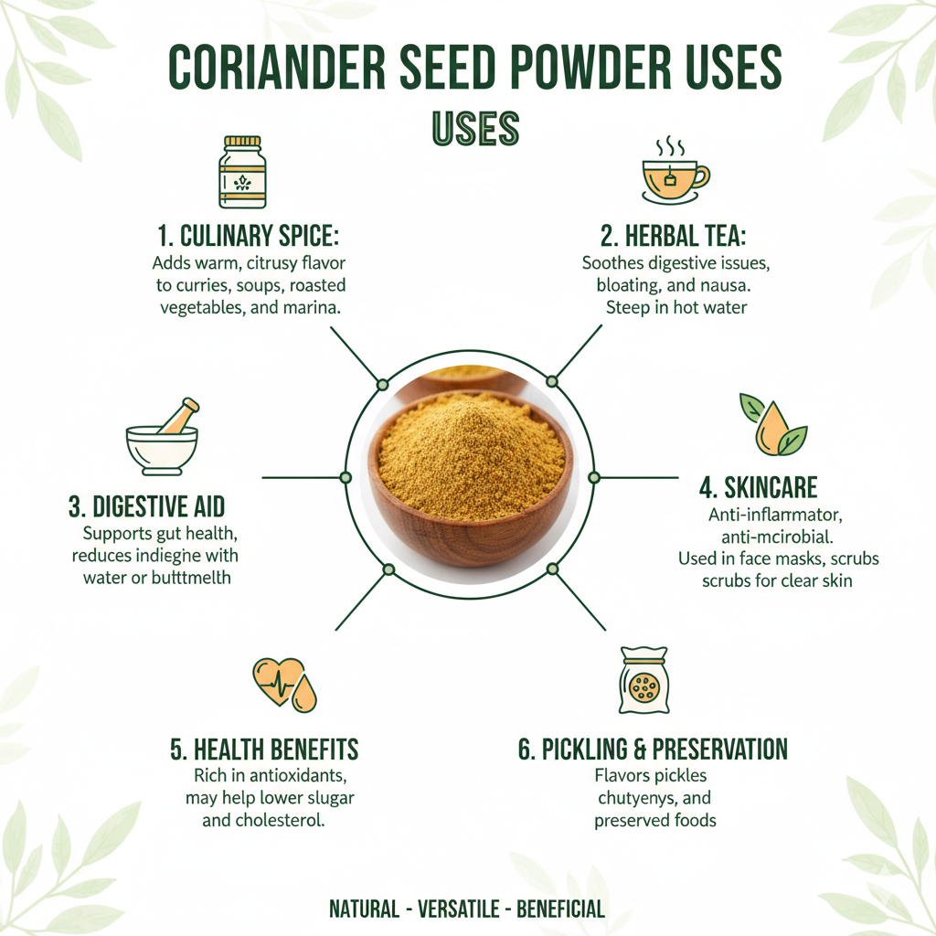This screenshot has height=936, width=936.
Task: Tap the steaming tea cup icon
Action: [x=675, y=173]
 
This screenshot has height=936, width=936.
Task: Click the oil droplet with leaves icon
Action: [x=773, y=425]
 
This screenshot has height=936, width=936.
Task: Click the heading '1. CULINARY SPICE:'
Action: [x=248, y=236]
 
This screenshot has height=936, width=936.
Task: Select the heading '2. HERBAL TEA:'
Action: [x=686, y=236]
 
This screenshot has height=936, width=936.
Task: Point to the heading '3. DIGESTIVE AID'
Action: [x=146, y=506]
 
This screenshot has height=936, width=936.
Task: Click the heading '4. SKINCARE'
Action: [x=758, y=485]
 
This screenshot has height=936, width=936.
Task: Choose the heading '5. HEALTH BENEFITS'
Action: [x=264, y=750]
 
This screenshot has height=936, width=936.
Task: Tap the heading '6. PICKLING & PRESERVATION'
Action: [x=652, y=750]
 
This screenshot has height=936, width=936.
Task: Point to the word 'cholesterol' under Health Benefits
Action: [x=277, y=820]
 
